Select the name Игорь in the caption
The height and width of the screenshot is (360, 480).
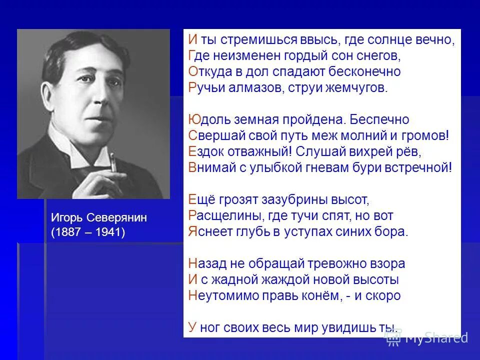coord(67,218)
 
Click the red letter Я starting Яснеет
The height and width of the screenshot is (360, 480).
coord(192,231)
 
